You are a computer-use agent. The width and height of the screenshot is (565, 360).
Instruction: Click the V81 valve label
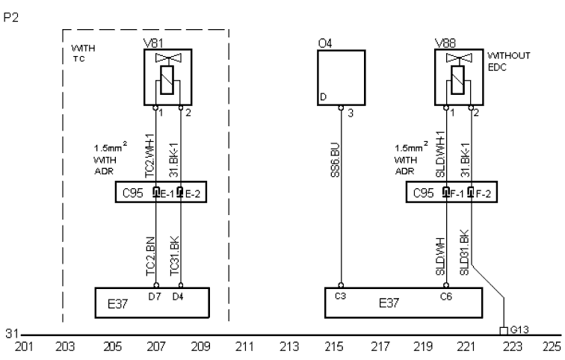(x=153, y=43)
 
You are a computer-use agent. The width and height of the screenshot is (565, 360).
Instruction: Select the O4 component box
(x=342, y=78)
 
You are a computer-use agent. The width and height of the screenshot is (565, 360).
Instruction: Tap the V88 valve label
(x=445, y=43)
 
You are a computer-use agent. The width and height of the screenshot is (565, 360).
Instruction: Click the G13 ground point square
(x=504, y=331)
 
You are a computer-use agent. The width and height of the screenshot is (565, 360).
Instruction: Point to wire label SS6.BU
(x=335, y=160)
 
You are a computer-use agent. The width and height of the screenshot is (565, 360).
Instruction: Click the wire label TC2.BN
(x=151, y=256)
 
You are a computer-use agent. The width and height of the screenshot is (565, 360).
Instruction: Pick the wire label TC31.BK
(x=174, y=256)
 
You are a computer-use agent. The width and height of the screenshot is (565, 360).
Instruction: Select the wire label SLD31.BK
(x=464, y=252)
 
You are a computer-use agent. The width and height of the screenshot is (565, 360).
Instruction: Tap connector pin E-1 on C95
(x=156, y=192)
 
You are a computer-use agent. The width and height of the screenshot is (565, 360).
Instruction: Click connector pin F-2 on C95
(x=471, y=192)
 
